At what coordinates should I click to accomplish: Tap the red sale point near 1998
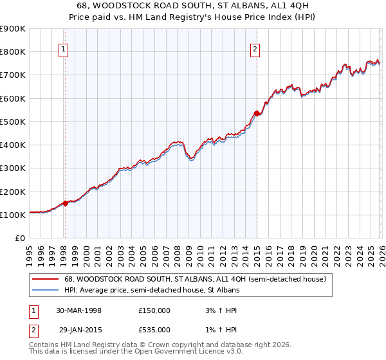tap(65, 203)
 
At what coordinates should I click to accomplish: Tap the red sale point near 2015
tap(257, 114)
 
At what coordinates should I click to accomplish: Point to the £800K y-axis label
tap(13, 52)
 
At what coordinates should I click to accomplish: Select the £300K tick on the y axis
tap(13, 168)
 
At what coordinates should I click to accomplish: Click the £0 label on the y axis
tap(20, 239)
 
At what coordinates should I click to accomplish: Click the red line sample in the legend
tap(46, 279)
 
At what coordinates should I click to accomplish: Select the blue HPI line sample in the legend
tap(46, 290)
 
